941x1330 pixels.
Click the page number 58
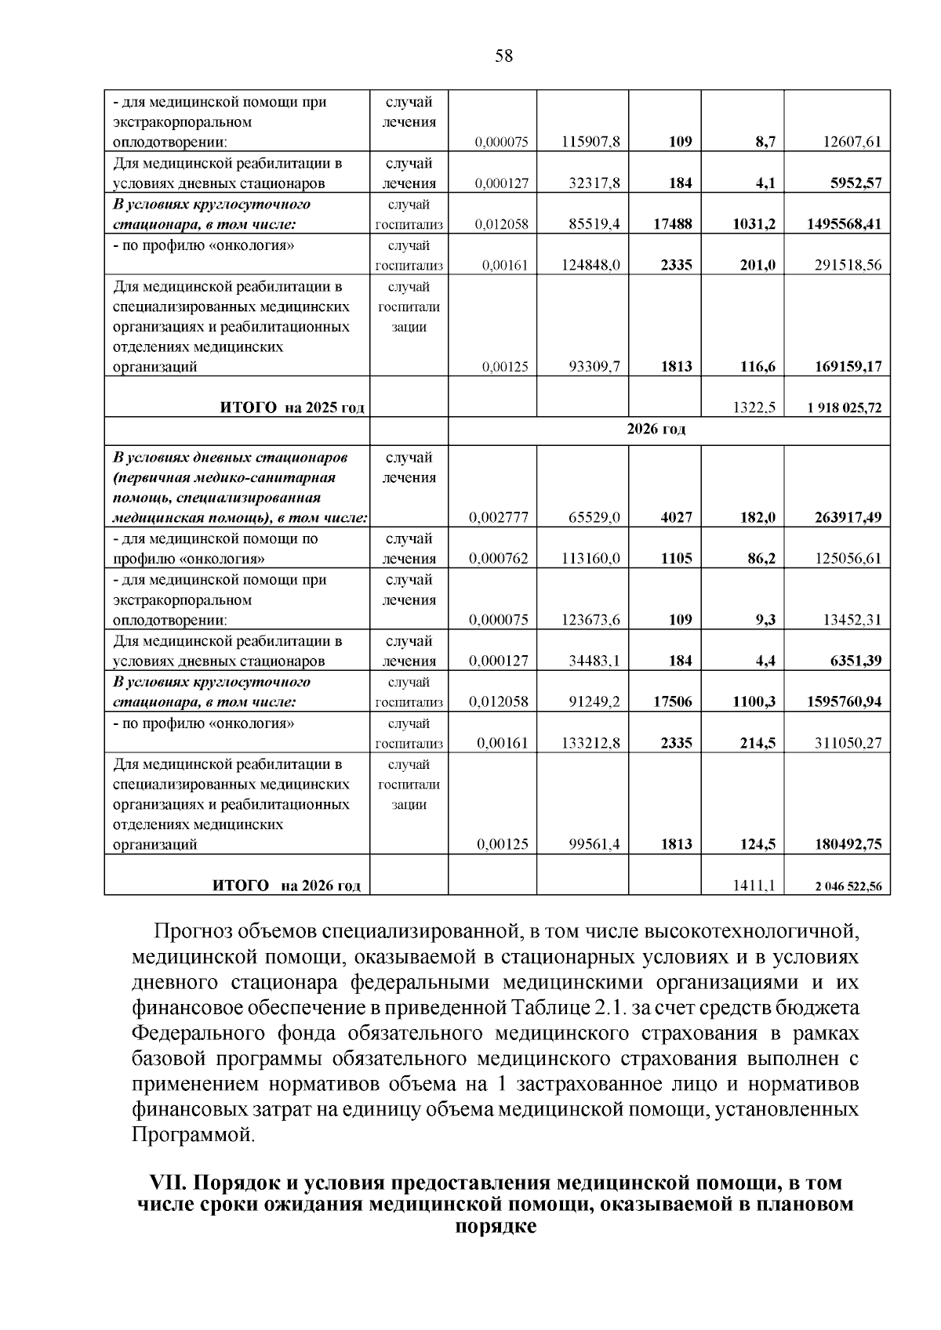tap(504, 56)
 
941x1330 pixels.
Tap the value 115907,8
tap(591, 142)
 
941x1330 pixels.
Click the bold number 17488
tap(672, 224)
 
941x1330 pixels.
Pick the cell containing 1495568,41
tap(844, 224)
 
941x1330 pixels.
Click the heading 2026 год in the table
tap(656, 429)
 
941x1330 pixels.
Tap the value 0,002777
tap(499, 517)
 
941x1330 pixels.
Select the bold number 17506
tap(672, 702)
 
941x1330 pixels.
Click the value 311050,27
tap(848, 743)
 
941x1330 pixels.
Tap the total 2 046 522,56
tap(848, 886)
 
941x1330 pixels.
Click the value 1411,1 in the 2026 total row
tap(754, 886)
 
